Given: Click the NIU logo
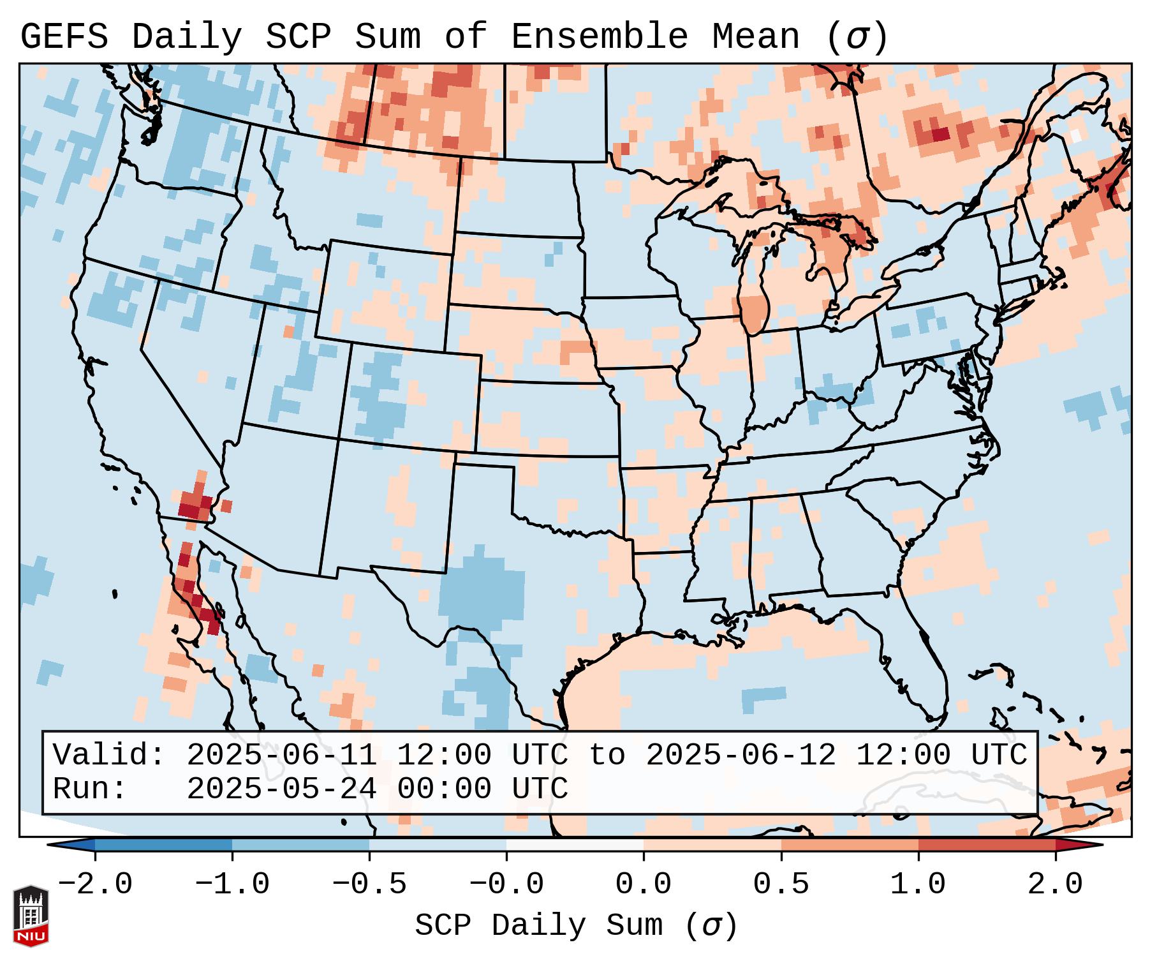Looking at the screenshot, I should click(x=31, y=916).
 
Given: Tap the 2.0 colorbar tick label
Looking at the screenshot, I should click(x=1055, y=884).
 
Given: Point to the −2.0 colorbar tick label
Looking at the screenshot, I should click(x=95, y=884).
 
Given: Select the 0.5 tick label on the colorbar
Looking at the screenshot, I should click(x=781, y=884).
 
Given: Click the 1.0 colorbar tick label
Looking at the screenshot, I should click(x=918, y=884).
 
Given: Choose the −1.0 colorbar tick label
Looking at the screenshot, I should click(x=232, y=884).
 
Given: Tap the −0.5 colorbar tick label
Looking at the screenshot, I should click(x=369, y=884).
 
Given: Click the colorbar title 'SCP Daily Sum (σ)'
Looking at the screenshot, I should click(x=575, y=926).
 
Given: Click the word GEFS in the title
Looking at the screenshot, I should click(x=64, y=36).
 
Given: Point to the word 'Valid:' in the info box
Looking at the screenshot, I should click(x=108, y=755).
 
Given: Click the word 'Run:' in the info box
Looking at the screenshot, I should click(x=89, y=789).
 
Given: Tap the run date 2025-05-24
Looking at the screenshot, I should click(x=281, y=789).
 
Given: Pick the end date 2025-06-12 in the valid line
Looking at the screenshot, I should click(x=741, y=755).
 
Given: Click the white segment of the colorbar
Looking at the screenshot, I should click(x=575, y=845).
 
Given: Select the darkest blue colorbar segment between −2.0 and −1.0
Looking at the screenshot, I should click(x=163, y=845).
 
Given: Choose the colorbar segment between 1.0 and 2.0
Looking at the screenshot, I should click(x=987, y=845).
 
